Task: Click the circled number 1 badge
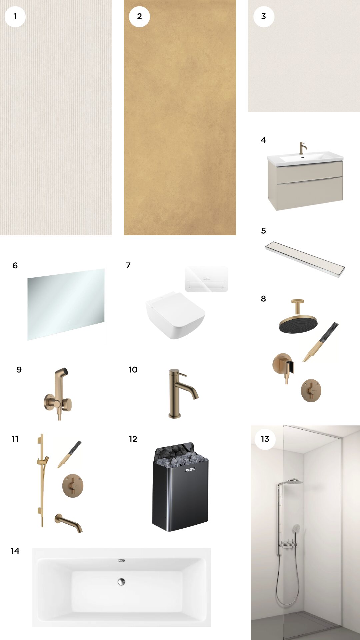15,16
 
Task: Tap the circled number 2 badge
139,16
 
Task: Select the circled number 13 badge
265,439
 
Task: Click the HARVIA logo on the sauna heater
190,470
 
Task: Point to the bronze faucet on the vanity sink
302,148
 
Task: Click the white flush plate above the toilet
207,279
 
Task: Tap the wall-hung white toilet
175,315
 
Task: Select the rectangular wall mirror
66,304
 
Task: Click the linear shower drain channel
305,259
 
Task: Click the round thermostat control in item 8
311,390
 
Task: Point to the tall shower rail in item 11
42,480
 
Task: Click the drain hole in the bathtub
121,582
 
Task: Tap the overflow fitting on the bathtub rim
122,561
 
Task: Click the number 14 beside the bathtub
15,551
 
